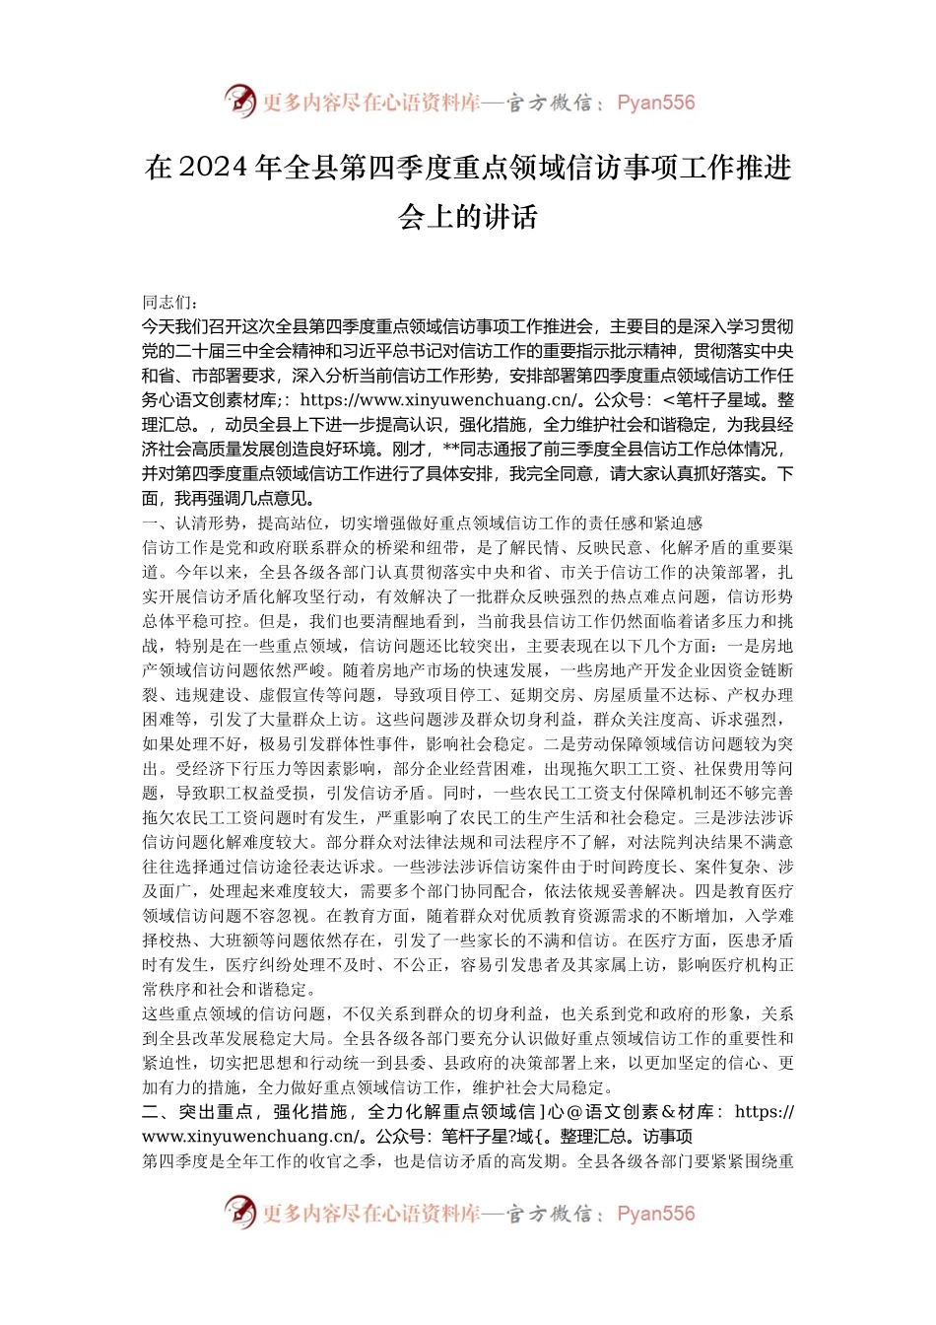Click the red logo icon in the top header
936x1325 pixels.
239,101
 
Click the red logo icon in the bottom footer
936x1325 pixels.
239,1212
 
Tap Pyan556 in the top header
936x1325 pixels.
656,103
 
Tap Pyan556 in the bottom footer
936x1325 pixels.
656,1214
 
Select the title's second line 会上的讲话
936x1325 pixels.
468,216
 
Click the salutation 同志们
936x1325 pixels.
167,302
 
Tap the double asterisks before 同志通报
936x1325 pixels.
452,450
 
